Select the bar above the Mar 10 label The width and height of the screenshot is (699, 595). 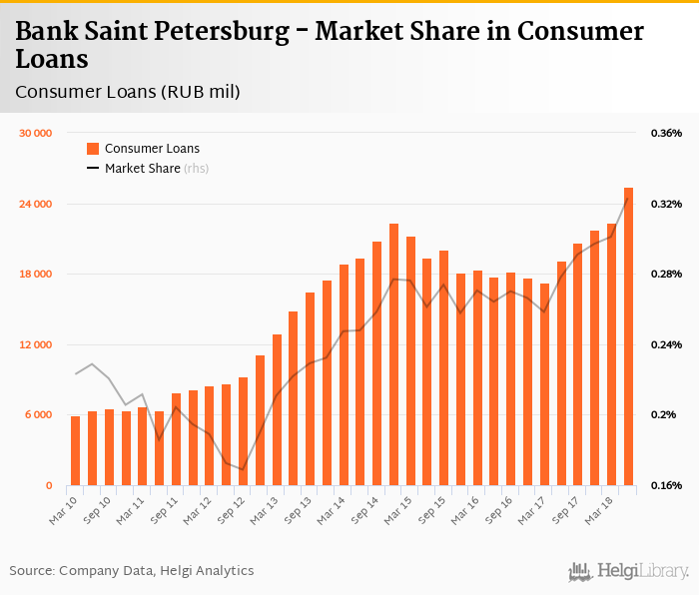(x=75, y=450)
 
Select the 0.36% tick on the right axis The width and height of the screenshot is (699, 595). (x=666, y=133)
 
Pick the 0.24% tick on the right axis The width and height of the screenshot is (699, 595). (x=666, y=344)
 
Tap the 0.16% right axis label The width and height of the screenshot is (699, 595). (x=666, y=485)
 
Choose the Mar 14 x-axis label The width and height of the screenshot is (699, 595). (x=333, y=506)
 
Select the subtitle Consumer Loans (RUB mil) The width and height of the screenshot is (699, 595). (x=128, y=92)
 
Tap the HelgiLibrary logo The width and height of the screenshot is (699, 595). (x=628, y=571)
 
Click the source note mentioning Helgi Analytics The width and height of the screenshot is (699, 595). (x=132, y=571)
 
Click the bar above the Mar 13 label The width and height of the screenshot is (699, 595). (x=277, y=409)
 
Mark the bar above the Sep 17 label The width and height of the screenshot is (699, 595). (x=578, y=364)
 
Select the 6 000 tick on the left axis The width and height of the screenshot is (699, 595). (x=37, y=415)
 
